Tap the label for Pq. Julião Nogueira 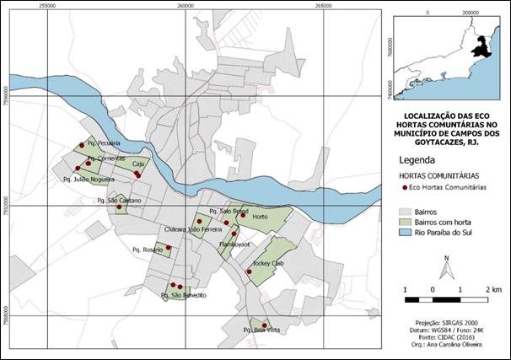coord(89,179)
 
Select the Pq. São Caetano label coord(119,201)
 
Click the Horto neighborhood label coord(260,216)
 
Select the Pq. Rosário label coord(147,250)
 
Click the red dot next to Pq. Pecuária coord(82,144)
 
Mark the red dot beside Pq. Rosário coord(169,247)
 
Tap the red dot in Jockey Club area coord(249,271)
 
